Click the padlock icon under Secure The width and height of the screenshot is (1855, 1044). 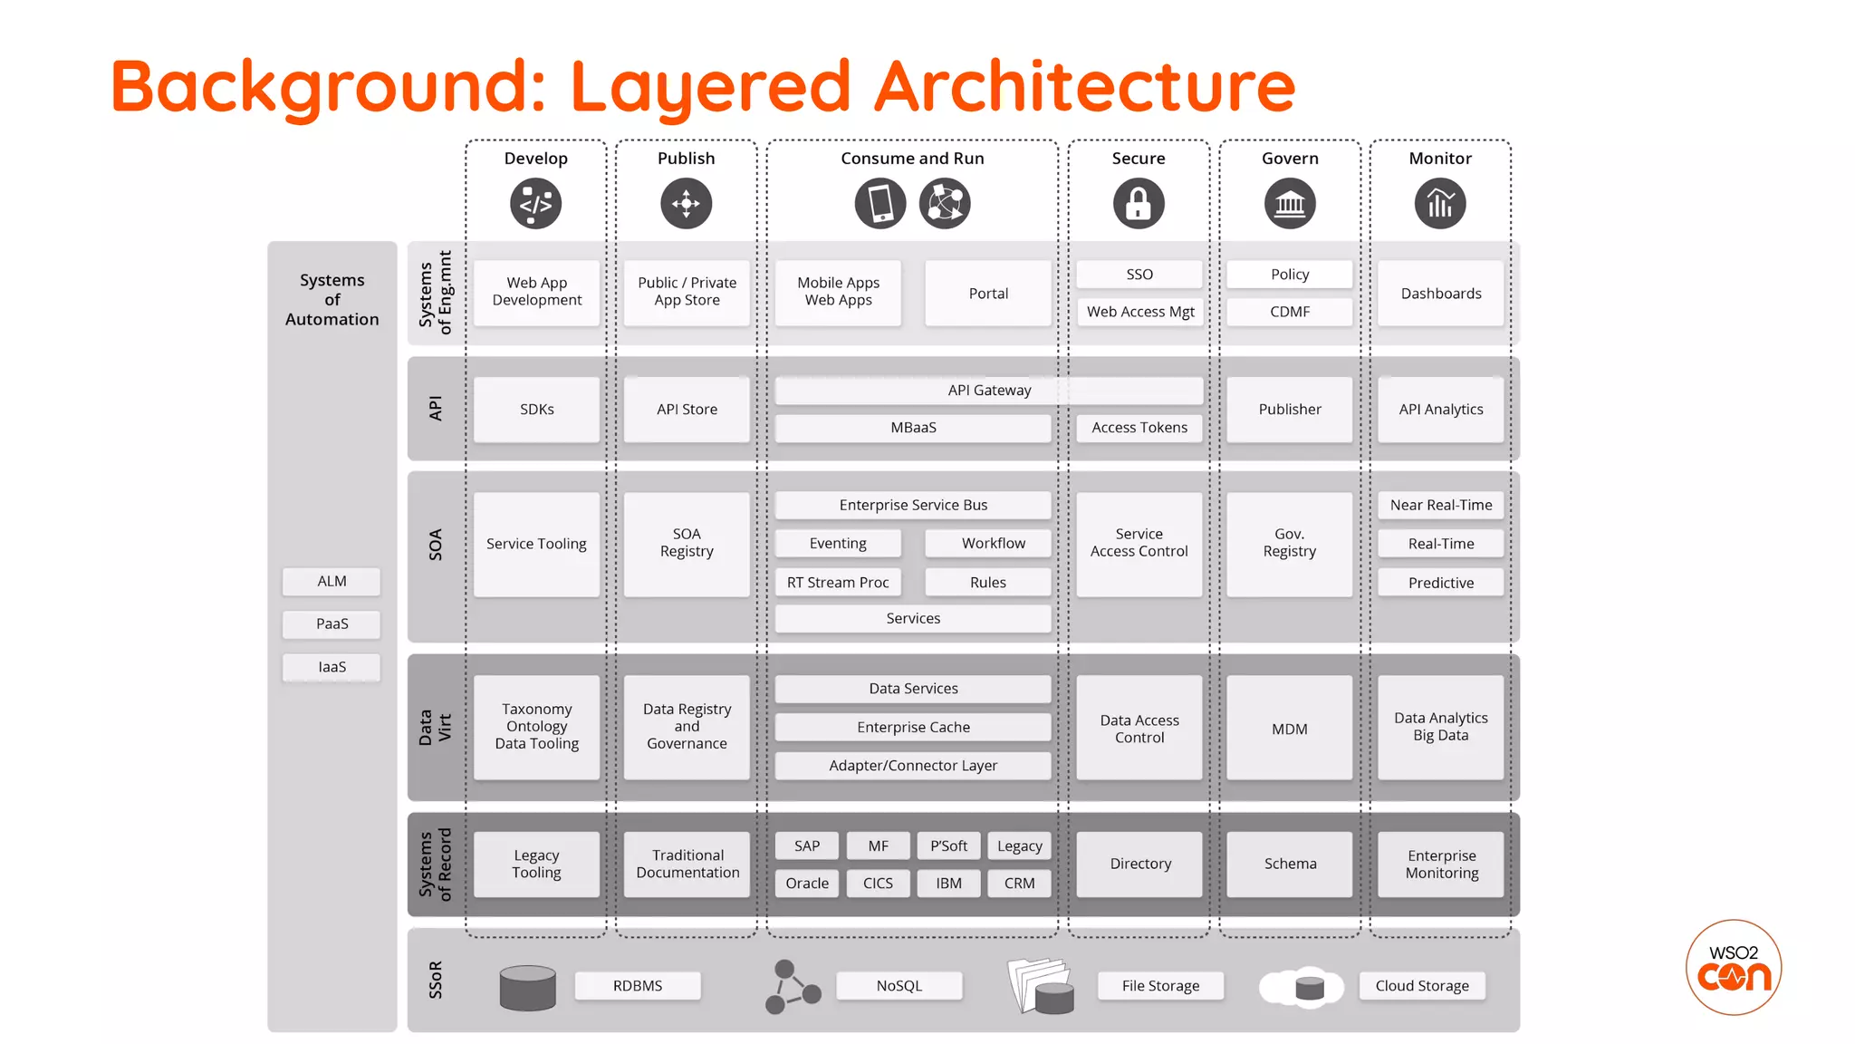[x=1139, y=203]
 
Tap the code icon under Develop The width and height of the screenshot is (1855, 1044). [x=535, y=203]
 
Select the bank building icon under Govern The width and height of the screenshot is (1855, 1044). [x=1290, y=203]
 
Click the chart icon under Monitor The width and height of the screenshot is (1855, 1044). [x=1440, y=203]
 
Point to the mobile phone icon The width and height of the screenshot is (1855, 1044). [x=880, y=203]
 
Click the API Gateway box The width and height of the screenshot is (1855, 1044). [x=989, y=391]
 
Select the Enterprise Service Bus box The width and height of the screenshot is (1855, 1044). [x=913, y=505]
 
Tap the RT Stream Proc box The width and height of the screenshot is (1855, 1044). [x=838, y=582]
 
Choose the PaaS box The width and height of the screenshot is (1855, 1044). [x=332, y=623]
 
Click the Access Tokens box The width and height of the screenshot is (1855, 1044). [x=1139, y=428]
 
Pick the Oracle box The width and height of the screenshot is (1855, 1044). [x=807, y=883]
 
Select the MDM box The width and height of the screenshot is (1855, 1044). [x=1290, y=729]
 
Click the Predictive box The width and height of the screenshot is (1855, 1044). [x=1440, y=583]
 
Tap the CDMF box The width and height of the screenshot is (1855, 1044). [x=1290, y=312]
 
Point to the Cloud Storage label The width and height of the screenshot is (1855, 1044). [x=1422, y=986]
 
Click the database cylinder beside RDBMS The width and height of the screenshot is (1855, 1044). [x=528, y=987]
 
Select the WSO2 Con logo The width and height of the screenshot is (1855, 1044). [x=1734, y=968]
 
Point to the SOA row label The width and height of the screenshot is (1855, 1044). [x=436, y=545]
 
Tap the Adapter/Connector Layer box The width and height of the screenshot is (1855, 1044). [x=913, y=766]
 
